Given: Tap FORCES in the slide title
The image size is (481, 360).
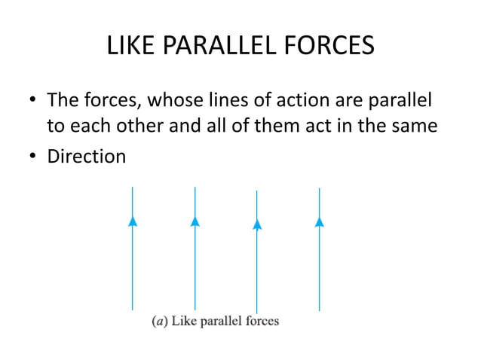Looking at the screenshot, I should coord(328,47).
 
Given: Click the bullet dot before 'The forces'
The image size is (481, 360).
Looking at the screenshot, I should coord(32,101).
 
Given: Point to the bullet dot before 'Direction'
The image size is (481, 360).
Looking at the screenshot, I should coord(32,157).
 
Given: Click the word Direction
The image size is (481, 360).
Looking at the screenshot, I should coord(87,157).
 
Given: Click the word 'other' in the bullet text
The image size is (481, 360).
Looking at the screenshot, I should coord(133,126).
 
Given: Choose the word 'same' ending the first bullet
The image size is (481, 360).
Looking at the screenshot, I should coord(415,126).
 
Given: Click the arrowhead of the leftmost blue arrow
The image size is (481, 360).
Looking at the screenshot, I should coord(133,221).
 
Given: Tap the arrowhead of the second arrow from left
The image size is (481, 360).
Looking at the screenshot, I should coord(195,221).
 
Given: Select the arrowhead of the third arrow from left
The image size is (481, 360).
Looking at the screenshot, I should coord(257,223).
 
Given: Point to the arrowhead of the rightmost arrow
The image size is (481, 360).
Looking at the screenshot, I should coord(320,221).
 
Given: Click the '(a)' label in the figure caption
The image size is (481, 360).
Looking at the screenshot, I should coord(159,322).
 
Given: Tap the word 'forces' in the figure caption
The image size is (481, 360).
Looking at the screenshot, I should coord(260,321).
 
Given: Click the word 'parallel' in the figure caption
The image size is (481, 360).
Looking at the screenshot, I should coord(220,322).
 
